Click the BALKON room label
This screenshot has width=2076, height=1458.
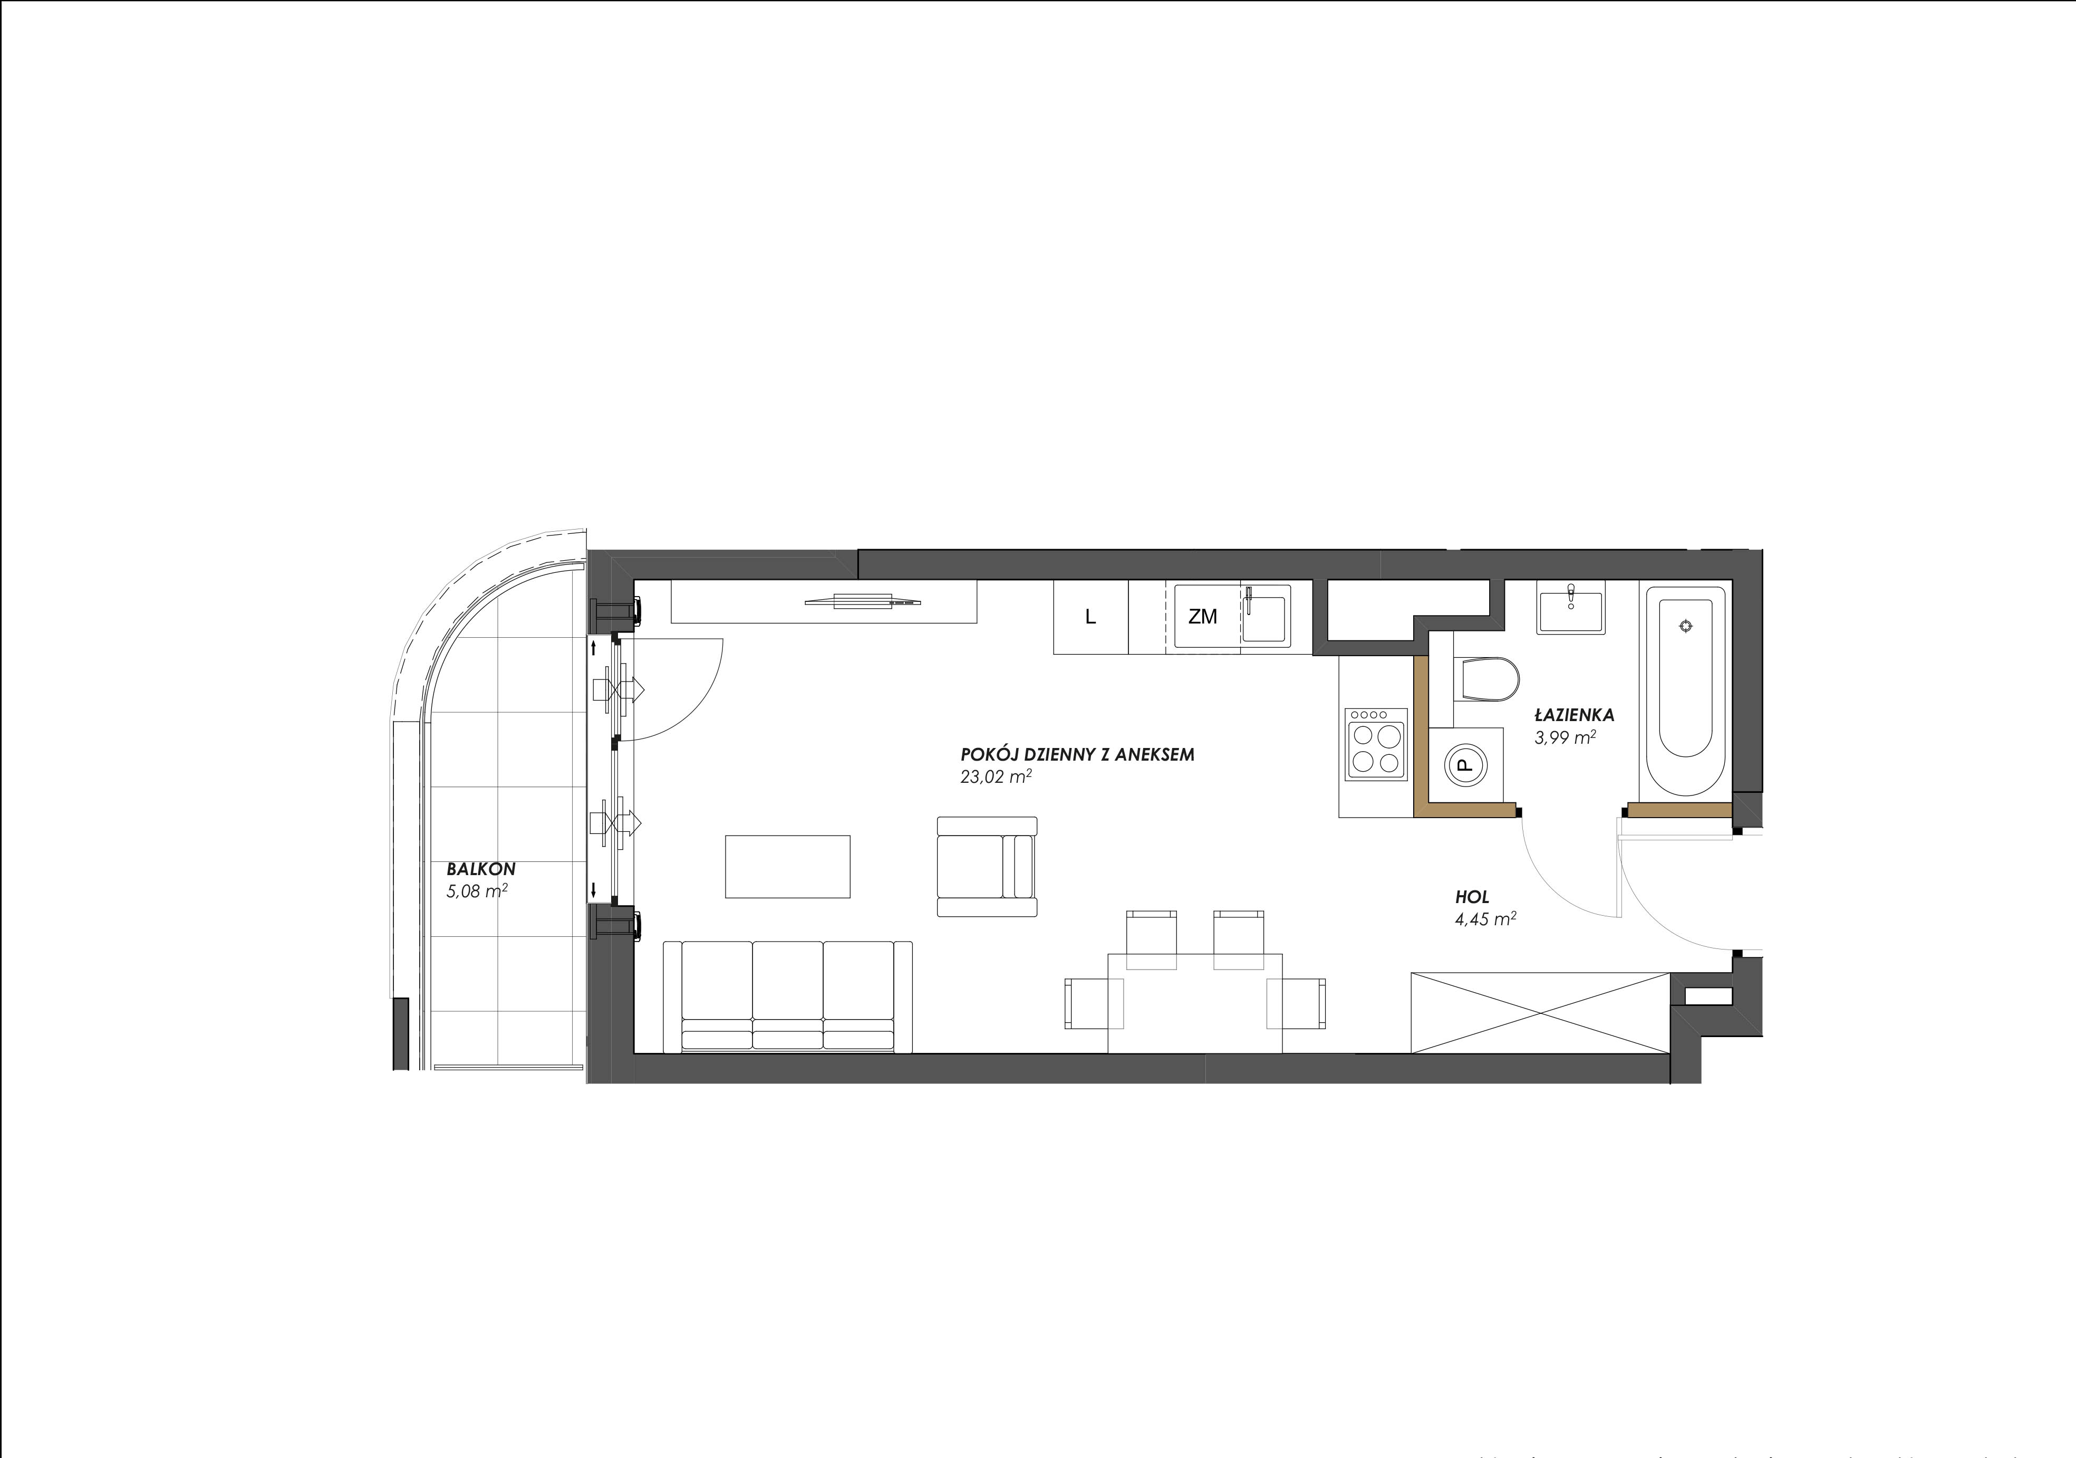(481, 869)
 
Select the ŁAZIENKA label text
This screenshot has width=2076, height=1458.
(1574, 715)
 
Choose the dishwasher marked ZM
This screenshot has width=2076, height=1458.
(1203, 617)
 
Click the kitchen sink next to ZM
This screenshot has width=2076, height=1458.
(1266, 615)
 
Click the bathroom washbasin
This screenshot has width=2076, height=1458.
(1570, 610)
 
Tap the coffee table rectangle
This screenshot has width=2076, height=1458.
(788, 867)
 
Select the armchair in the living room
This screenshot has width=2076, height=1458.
(987, 867)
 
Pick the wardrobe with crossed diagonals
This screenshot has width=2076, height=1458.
(1541, 1013)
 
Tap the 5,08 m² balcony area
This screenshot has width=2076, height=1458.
(477, 892)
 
